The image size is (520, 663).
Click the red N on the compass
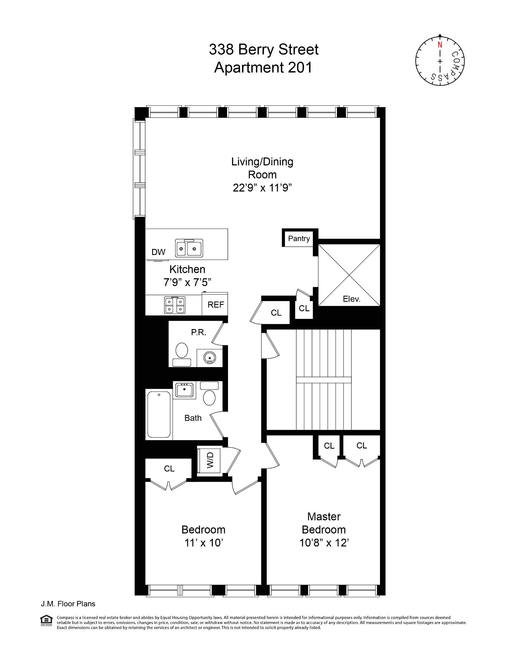pyautogui.click(x=440, y=45)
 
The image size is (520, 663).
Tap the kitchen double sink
pyautogui.click(x=189, y=248)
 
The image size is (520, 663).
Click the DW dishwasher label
pyautogui.click(x=158, y=252)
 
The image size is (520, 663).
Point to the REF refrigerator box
pyautogui.click(x=215, y=304)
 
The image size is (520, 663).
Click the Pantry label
pyautogui.click(x=299, y=238)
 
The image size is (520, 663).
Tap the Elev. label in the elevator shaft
pyautogui.click(x=351, y=299)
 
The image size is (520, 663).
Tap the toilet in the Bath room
pyautogui.click(x=209, y=394)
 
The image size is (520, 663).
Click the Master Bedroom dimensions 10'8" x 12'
pyautogui.click(x=324, y=543)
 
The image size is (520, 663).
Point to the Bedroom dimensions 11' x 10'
pyautogui.click(x=203, y=543)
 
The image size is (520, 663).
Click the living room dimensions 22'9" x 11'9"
pyautogui.click(x=262, y=188)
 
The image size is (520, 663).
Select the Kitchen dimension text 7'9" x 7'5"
pyautogui.click(x=187, y=282)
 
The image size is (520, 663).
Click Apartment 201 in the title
pyautogui.click(x=263, y=68)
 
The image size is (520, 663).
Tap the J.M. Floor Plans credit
pyautogui.click(x=68, y=604)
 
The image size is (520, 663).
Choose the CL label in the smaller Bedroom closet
pyautogui.click(x=169, y=468)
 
